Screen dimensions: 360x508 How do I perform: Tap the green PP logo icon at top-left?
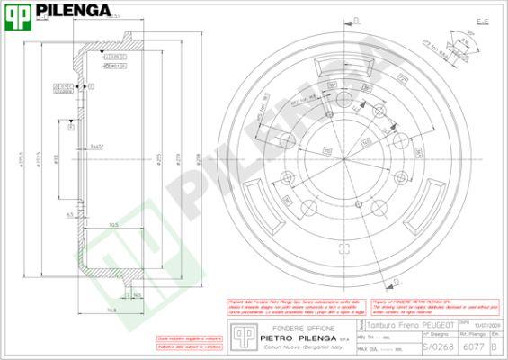pos(20,12)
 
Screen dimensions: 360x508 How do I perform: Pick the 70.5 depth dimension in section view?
pos(113,224)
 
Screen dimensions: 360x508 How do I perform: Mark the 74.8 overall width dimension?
pos(110,310)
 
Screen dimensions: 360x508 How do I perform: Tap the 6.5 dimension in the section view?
pos(69,216)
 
